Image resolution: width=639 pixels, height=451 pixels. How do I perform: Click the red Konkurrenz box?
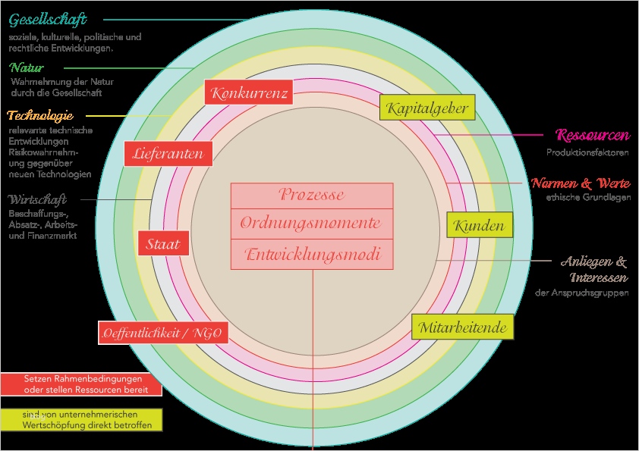point(250,93)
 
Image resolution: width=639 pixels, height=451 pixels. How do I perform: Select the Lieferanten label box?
point(168,154)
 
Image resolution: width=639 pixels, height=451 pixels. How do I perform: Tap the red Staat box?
point(163,243)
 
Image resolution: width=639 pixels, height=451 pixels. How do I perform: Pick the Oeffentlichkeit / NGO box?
point(164,333)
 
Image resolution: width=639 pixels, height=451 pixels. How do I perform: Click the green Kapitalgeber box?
point(427,108)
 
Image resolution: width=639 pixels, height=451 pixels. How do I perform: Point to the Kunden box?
point(479,225)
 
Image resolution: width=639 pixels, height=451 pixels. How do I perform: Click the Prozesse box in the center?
point(312,195)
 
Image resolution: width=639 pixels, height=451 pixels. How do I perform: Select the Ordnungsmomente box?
point(312,224)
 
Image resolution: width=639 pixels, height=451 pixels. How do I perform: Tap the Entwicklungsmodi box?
point(312,255)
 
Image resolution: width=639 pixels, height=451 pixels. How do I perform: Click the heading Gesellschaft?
point(48,19)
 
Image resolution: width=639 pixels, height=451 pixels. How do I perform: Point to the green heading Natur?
point(27,68)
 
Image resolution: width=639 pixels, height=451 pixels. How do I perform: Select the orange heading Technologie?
point(39,116)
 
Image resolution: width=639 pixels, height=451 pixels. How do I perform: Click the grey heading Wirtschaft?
point(38,200)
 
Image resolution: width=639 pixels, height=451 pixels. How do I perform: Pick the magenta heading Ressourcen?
point(592,136)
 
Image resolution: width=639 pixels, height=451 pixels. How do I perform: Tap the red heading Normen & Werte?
point(581,183)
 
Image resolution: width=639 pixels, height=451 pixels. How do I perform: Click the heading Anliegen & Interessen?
point(594,269)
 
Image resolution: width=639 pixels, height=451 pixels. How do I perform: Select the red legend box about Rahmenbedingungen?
point(81,384)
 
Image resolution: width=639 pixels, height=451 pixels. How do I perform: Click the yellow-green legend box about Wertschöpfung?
point(81,420)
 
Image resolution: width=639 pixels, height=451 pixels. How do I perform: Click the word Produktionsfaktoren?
point(588,152)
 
